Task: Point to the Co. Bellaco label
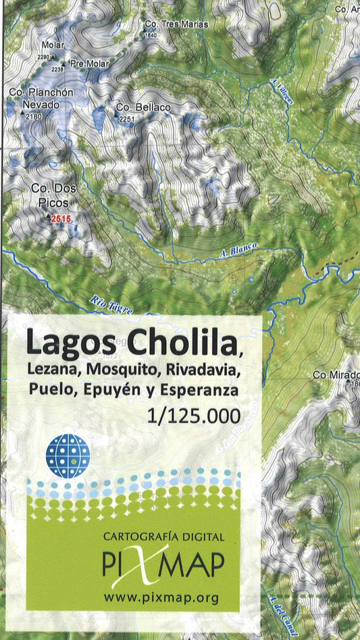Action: pos(143,107)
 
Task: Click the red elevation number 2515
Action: pos(61,218)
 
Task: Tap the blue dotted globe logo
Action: pos(68,456)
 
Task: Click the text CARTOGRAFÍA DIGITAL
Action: pos(163,537)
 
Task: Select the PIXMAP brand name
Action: pos(163,564)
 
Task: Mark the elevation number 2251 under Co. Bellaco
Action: pos(127,119)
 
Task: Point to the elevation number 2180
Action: pos(34,117)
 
